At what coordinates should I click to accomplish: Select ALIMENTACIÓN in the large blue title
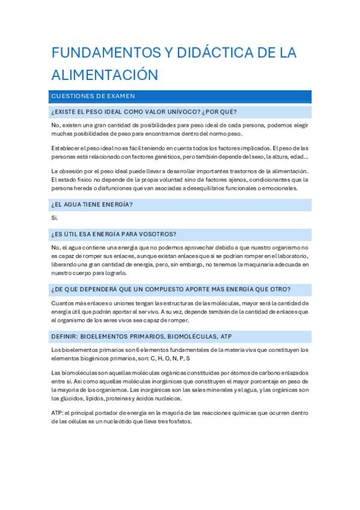click(104, 75)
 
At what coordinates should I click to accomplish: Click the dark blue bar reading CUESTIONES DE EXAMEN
click(181, 96)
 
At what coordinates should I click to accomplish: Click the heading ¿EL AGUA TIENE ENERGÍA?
click(92, 204)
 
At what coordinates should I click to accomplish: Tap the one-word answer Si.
click(55, 218)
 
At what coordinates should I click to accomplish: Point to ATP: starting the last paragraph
click(58, 413)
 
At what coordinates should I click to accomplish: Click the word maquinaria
click(261, 263)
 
